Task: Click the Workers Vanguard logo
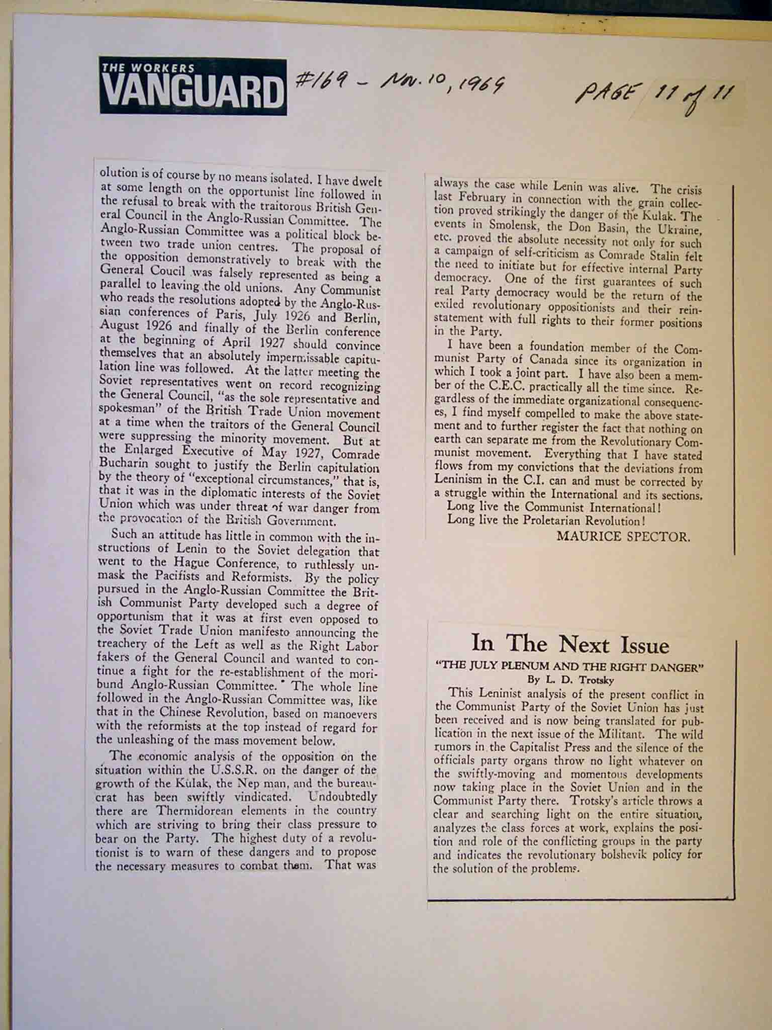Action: tap(193, 86)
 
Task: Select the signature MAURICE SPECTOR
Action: tap(623, 536)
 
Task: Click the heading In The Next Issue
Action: tap(570, 644)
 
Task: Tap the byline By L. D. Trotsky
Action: tap(570, 679)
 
